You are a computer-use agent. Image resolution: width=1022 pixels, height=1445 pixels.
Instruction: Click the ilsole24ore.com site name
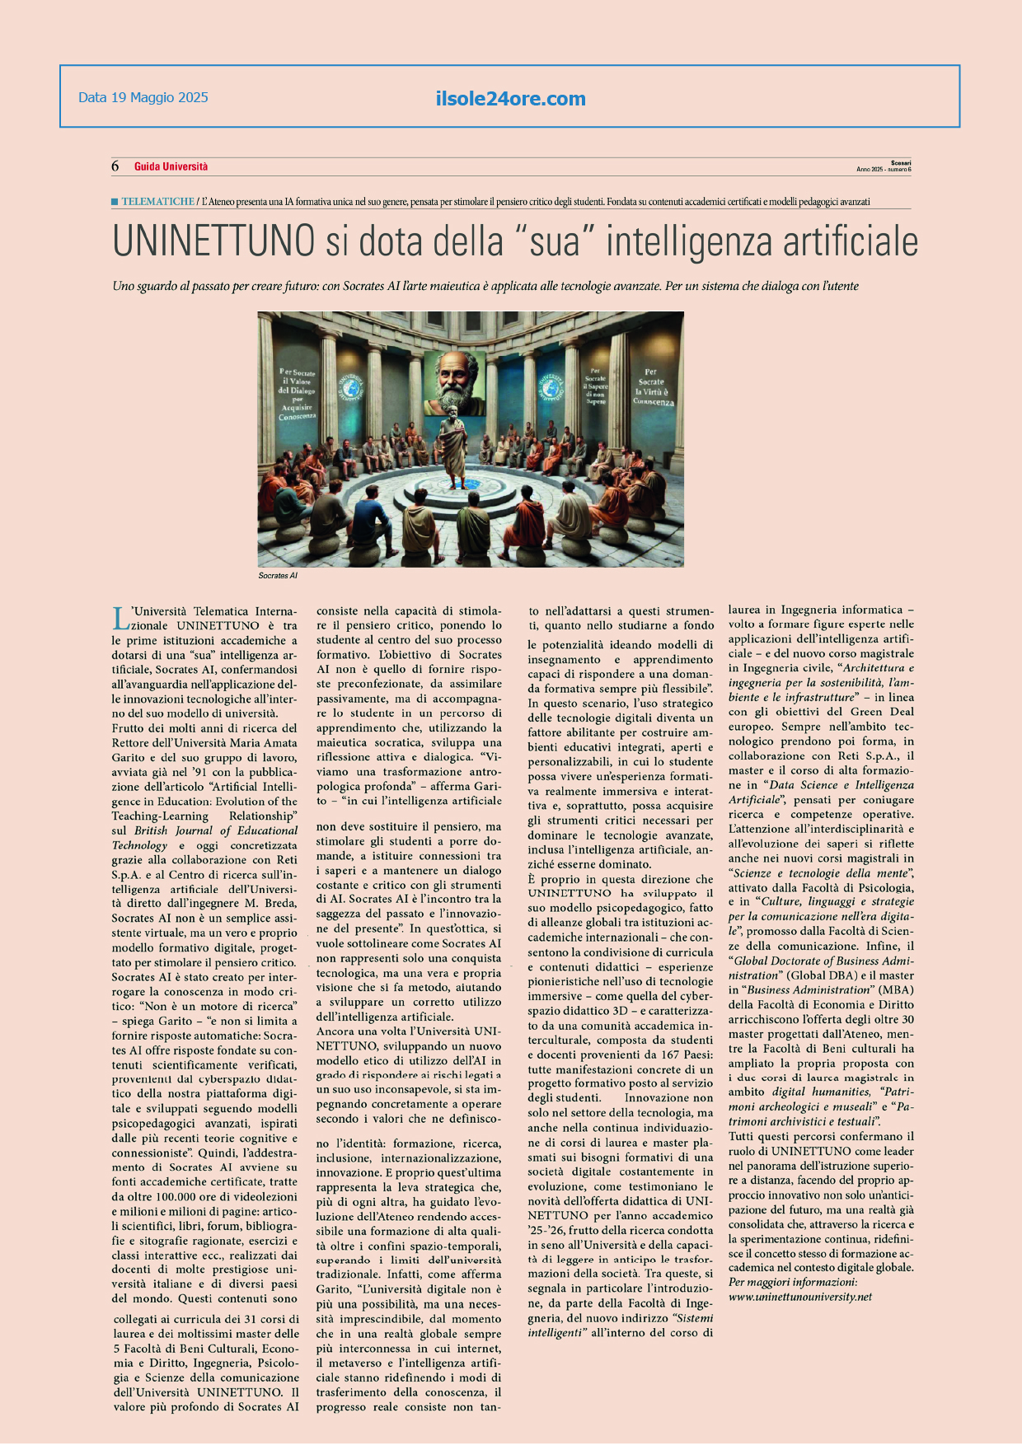[x=510, y=99]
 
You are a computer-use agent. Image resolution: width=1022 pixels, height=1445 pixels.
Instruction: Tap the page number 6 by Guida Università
[x=115, y=166]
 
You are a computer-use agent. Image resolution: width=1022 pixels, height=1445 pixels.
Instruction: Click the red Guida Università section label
[x=171, y=166]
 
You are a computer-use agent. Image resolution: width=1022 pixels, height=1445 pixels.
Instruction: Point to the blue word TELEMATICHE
[x=158, y=201]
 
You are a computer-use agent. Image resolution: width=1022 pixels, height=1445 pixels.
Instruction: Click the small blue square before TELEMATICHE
[x=115, y=201]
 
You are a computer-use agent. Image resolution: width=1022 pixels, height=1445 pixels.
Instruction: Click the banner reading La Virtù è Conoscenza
[x=653, y=387]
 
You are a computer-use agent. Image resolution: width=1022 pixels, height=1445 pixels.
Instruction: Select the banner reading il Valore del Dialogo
[x=298, y=394]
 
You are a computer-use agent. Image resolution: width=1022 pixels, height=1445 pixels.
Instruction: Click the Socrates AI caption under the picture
[x=278, y=575]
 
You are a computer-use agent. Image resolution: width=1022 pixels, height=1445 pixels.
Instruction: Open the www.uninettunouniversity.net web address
[x=799, y=1297]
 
